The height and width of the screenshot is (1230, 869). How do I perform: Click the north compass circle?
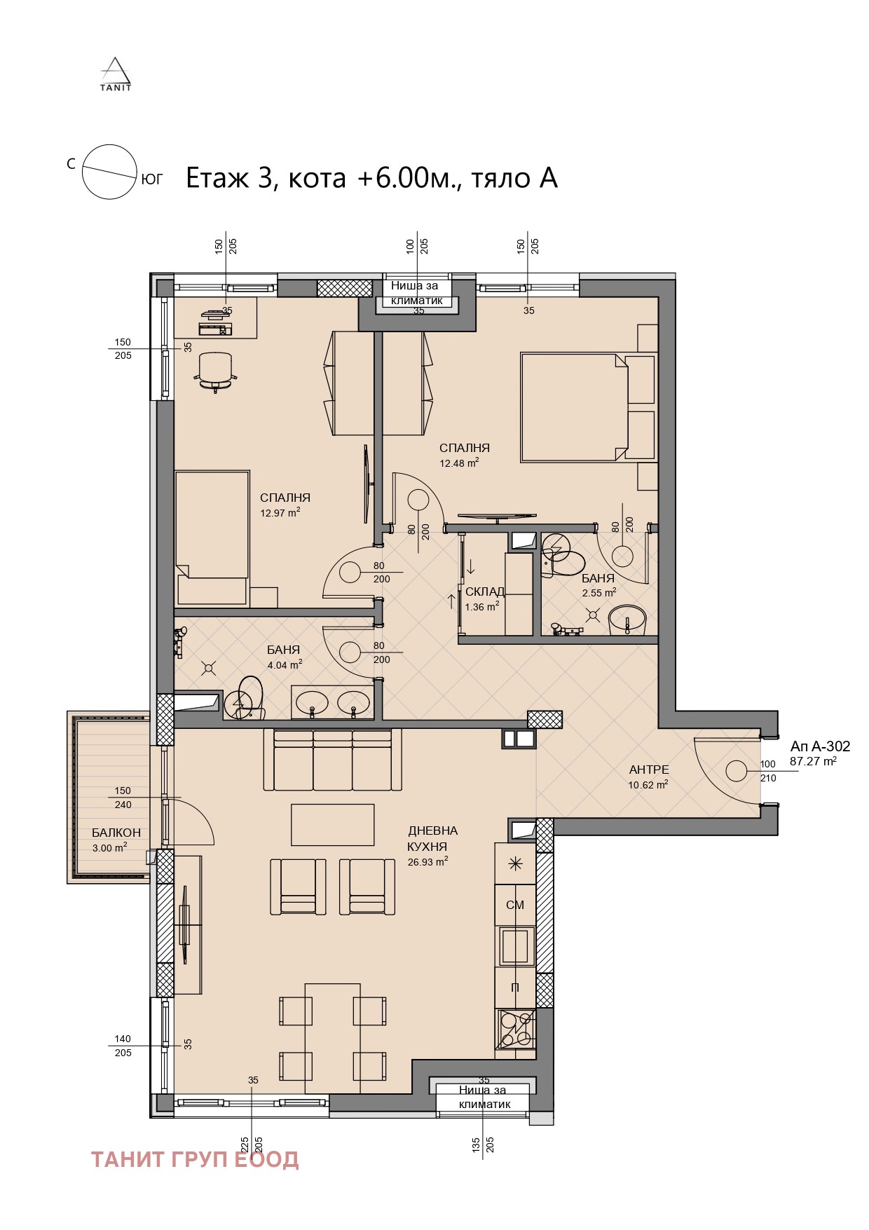109,172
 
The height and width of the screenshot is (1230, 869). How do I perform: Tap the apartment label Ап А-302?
820,746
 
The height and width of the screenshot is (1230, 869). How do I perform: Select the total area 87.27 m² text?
813,761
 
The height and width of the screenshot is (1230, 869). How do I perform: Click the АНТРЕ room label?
649,770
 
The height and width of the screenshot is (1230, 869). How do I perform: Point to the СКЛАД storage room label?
484,592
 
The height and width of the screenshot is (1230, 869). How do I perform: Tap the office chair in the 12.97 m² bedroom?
214,369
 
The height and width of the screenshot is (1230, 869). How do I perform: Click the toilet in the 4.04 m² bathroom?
247,697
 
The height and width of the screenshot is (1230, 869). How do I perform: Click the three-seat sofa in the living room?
332,760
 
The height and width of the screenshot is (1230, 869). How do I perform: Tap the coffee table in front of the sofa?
333,825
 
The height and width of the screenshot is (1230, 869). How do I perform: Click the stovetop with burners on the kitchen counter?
516,1028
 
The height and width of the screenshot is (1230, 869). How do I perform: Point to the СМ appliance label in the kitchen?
515,905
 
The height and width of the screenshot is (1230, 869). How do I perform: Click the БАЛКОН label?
116,833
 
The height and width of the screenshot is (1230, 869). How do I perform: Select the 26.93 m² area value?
427,862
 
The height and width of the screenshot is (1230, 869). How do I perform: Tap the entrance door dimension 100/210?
768,771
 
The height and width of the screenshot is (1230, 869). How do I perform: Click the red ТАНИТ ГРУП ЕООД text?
195,1159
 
